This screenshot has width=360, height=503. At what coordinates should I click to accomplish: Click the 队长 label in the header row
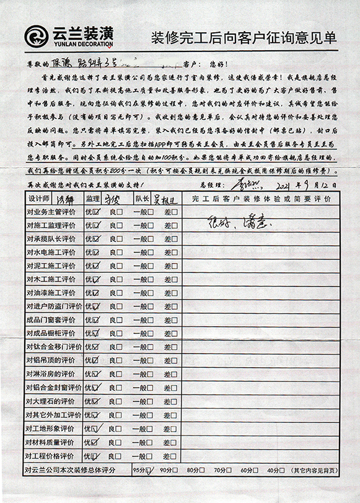click(142, 200)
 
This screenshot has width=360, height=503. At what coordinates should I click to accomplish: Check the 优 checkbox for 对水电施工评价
click(96, 252)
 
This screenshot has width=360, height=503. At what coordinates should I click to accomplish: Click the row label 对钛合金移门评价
click(54, 347)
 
